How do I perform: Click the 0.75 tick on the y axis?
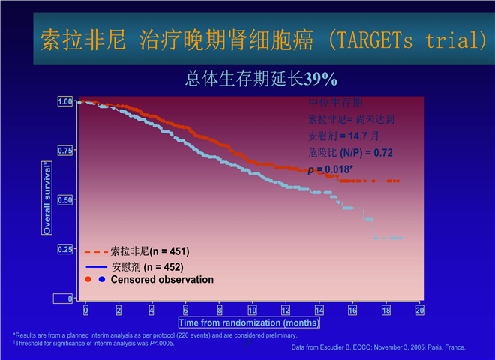pos(65,151)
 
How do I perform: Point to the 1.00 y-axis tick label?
pos(65,101)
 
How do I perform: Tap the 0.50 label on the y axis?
pos(65,200)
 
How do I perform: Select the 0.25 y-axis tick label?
pos(65,250)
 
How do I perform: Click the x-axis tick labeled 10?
pos(253,310)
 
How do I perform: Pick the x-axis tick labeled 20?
pos(420,310)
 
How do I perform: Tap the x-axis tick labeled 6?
pos(186,310)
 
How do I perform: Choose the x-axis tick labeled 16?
pos(353,310)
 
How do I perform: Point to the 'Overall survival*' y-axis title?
pos(47,198)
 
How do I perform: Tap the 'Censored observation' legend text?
pos(162,280)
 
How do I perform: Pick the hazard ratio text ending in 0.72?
pos(350,153)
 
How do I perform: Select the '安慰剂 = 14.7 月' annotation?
pos(344,136)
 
